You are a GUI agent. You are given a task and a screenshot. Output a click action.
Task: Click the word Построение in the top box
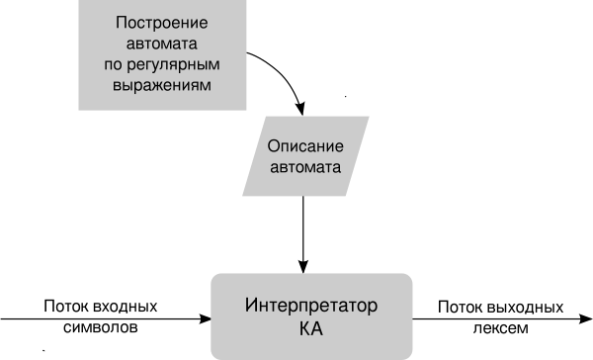(x=161, y=23)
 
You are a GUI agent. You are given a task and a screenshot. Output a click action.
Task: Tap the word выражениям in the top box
(x=162, y=85)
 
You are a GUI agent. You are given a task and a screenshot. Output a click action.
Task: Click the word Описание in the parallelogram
(x=305, y=146)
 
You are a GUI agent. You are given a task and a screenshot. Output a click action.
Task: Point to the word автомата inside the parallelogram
(x=305, y=167)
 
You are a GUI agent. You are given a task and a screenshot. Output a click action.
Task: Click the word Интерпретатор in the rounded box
(x=311, y=306)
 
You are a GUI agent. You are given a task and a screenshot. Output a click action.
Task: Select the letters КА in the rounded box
(x=311, y=328)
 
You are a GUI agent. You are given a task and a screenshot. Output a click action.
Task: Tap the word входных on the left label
(x=125, y=307)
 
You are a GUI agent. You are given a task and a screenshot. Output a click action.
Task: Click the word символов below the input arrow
(x=100, y=327)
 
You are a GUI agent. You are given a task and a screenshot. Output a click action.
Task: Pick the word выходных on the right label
(x=526, y=307)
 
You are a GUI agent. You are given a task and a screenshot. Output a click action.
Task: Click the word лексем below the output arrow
(x=501, y=327)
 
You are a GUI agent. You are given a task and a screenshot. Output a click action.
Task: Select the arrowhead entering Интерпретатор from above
(x=303, y=266)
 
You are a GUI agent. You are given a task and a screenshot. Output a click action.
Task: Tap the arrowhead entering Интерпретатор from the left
(x=205, y=318)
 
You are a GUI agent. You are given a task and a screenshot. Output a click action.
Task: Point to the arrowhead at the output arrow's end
(x=586, y=319)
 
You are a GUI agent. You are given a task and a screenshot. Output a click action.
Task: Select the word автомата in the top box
(x=161, y=44)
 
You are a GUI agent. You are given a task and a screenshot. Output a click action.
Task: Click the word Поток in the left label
(x=66, y=307)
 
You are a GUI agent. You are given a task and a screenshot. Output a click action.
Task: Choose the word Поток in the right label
(x=461, y=307)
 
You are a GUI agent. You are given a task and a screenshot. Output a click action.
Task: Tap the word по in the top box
(x=113, y=64)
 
